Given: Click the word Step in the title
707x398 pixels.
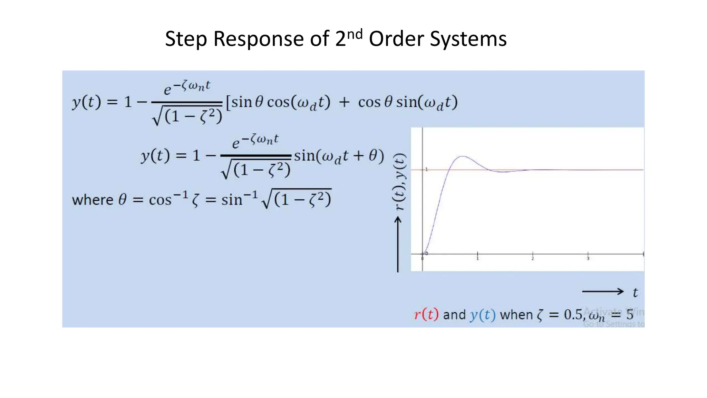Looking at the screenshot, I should [x=186, y=39].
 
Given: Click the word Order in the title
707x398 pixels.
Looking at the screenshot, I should [x=396, y=39].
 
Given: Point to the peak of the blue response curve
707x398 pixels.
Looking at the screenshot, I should [x=462, y=157].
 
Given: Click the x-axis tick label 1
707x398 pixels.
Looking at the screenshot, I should [x=478, y=259].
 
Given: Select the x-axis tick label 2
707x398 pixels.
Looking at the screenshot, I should [x=533, y=259].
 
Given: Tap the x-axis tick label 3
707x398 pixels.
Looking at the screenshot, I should [x=588, y=259].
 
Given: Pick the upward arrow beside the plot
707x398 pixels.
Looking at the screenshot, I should [x=398, y=244].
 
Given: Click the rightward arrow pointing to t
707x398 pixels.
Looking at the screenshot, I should [x=603, y=292].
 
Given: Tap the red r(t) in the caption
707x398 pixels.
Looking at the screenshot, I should [x=426, y=314].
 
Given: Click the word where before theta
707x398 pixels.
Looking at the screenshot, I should [x=93, y=200].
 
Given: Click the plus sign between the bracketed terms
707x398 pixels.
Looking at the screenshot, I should [x=344, y=102].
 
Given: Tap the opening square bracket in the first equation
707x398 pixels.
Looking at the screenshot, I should [x=228, y=103].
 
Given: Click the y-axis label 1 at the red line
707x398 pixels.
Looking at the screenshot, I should [x=426, y=169].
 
